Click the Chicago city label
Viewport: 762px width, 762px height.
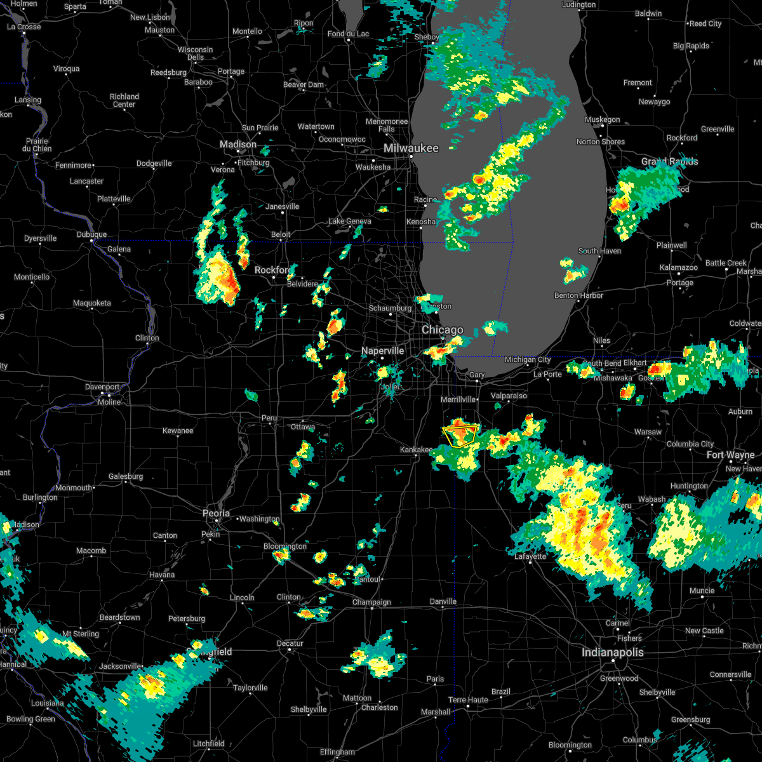point(443,330)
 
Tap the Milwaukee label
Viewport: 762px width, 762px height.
point(411,148)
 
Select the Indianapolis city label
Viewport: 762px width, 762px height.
point(612,652)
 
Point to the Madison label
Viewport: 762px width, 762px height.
point(238,145)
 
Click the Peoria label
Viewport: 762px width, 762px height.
point(216,513)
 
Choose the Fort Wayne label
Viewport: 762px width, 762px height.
point(730,455)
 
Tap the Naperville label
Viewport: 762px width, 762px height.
point(382,351)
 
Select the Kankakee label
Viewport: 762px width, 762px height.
point(416,450)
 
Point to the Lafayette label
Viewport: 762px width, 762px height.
point(530,556)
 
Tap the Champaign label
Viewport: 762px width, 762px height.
point(372,602)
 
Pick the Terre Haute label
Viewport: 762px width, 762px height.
point(468,700)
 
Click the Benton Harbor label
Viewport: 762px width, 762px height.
point(578,295)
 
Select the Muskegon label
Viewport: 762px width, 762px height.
point(602,119)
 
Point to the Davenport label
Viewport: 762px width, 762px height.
point(102,387)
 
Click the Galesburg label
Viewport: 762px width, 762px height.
point(126,476)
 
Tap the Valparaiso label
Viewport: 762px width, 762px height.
point(509,396)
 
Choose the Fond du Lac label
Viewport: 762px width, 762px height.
point(349,34)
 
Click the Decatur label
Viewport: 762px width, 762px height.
point(290,643)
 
